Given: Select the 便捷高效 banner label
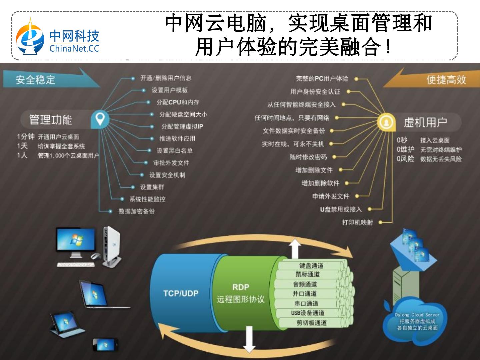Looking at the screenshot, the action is coord(446,80).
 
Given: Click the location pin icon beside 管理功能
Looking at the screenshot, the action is coord(100,119).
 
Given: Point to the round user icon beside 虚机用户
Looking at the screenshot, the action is coord(386,122).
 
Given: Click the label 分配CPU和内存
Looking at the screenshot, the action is coord(178,102).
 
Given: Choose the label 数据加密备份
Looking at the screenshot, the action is coord(137,211).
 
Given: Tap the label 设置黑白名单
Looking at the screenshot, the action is coord(175,151).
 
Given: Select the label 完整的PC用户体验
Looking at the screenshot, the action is coord(322,79).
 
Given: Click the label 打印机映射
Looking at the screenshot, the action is coord(357,222).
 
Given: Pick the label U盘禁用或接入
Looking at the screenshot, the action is coord(341,209).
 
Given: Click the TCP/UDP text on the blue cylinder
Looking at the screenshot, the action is coord(181,293).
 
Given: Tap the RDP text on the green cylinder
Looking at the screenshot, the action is coord(241,287).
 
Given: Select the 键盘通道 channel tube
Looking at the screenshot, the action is coord(311,266).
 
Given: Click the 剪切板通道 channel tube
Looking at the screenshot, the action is coord(311,323).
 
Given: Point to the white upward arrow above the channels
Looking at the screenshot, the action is coord(294,248).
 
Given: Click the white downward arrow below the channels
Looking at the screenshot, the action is coord(249,338).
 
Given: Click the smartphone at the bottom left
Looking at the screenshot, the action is coord(105,345).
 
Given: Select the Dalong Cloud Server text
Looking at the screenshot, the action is coord(417,315).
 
